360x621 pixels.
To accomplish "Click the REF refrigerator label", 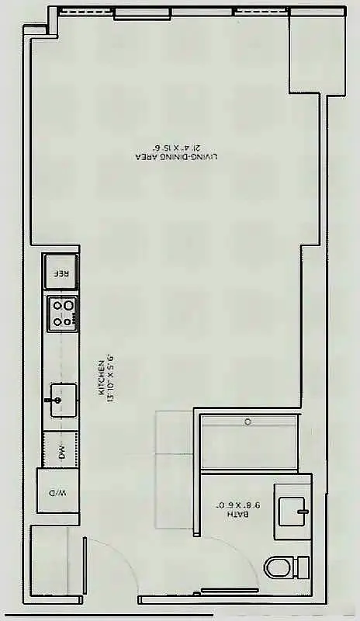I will (61, 274).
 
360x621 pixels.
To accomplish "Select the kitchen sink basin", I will (61, 398).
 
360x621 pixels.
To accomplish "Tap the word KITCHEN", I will (102, 383).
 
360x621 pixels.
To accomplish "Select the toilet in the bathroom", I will (284, 567).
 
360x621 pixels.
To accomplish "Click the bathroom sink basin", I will (293, 510).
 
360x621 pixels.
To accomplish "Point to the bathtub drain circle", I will (247, 422).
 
